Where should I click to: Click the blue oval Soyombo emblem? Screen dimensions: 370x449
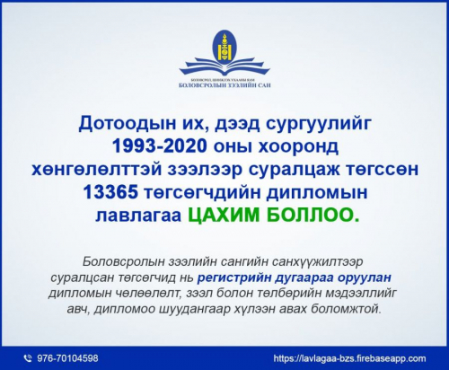tap(223, 42)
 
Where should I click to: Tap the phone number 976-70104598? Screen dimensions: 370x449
tap(68, 357)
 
